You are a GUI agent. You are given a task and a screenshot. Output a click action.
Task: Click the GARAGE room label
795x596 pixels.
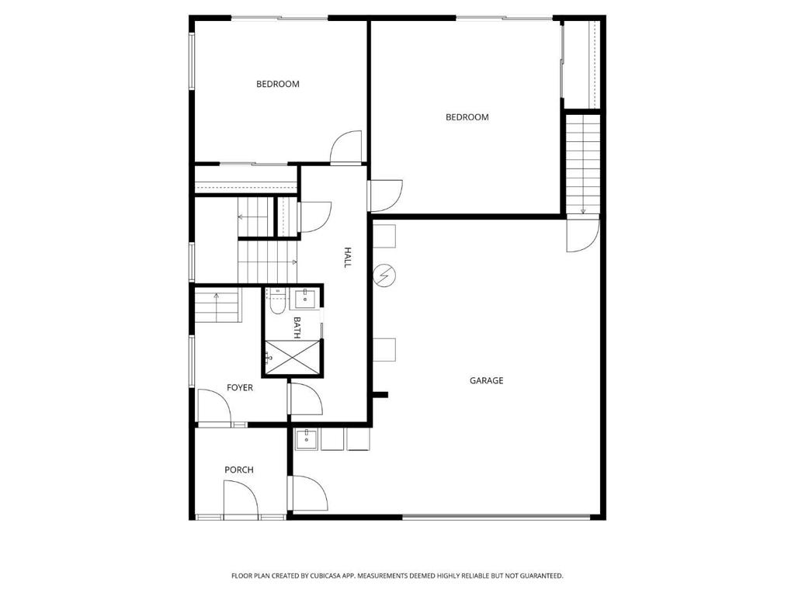tap(486, 380)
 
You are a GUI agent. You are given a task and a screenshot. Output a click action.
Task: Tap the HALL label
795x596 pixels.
tap(348, 258)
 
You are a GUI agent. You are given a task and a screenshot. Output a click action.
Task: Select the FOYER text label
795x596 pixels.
tap(240, 388)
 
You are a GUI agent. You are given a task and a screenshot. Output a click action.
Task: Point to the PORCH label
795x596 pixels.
tap(239, 470)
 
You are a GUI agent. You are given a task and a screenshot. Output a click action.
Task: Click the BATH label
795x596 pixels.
tap(297, 327)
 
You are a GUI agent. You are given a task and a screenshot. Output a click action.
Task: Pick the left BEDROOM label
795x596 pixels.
tap(278, 84)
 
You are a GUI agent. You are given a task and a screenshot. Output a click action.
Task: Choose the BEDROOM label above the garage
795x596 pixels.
tap(467, 117)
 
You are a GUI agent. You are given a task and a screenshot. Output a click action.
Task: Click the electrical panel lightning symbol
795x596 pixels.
tap(385, 276)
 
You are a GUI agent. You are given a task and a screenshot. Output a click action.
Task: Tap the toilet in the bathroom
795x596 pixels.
tap(277, 302)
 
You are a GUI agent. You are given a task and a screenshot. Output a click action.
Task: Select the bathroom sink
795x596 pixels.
tap(305, 299)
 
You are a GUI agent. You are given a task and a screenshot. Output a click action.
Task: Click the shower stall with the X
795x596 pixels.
tap(293, 358)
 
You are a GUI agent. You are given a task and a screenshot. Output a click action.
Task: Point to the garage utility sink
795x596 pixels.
tap(306, 439)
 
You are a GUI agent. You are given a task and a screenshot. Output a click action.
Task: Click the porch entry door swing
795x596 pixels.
tap(241, 498)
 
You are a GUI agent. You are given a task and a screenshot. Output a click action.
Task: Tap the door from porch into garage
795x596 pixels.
tap(308, 493)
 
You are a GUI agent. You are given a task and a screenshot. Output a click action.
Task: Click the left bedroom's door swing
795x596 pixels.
tap(345, 147)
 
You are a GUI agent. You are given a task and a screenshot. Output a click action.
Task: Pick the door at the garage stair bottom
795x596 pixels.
tap(582, 234)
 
